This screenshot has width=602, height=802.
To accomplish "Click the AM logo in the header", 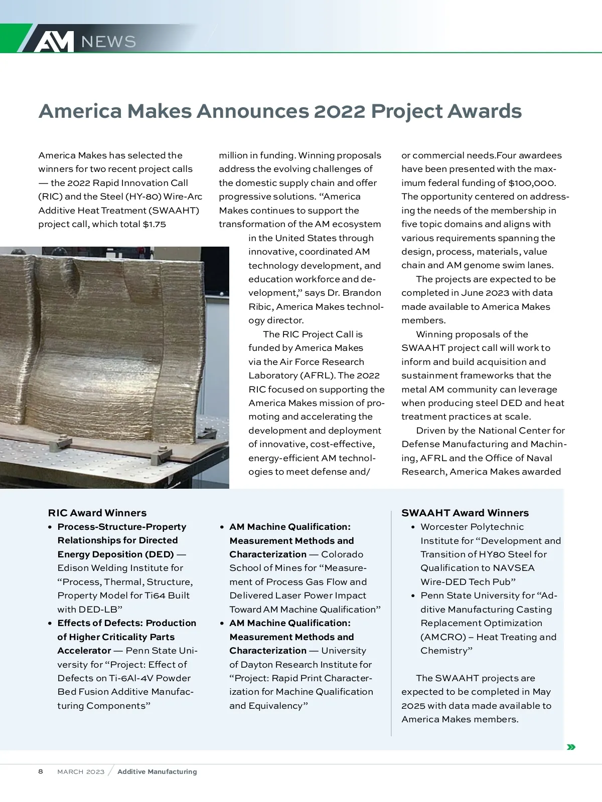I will [x=54, y=41].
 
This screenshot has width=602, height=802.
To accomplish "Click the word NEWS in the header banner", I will [x=108, y=42].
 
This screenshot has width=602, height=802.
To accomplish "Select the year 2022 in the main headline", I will [x=340, y=111].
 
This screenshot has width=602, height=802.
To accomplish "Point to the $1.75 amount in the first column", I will [x=155, y=224].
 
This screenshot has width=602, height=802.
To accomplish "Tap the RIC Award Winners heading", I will [x=97, y=513].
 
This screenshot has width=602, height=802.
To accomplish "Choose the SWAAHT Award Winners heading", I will [x=465, y=513].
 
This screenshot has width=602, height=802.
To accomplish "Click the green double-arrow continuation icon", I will [x=570, y=747].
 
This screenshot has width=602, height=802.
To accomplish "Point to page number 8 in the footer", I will [x=41, y=771].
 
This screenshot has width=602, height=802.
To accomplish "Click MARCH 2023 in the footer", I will [x=81, y=772].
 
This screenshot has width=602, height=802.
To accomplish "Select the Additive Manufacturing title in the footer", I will [x=157, y=772].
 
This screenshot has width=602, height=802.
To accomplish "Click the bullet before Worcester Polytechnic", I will [x=413, y=527].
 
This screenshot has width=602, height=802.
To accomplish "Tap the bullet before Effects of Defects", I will [x=50, y=624].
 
